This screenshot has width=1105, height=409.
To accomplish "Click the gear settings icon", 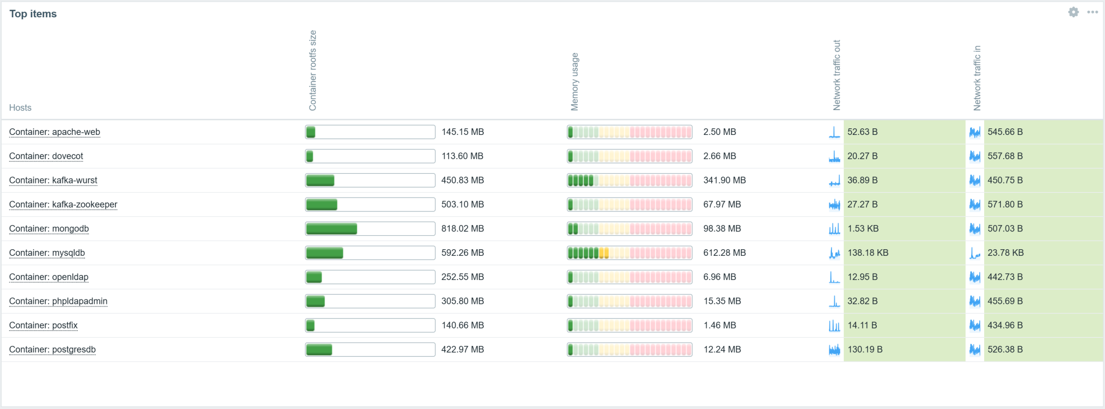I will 1073,12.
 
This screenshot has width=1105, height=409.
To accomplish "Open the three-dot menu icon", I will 1093,12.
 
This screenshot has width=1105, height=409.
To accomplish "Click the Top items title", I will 33,14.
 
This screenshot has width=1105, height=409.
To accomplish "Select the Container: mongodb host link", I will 49,229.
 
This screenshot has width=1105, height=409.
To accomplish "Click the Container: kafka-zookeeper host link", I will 63,204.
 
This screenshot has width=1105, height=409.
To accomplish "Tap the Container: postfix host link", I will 43,325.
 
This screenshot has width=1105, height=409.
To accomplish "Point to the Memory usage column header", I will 575,81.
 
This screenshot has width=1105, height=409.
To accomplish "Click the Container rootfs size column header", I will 312,71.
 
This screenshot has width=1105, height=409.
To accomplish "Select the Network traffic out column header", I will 837,75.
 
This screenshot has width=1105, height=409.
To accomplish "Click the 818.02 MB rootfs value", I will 462,229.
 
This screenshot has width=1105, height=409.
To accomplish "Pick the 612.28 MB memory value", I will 724,253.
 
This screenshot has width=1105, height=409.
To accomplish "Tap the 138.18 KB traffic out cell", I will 868,253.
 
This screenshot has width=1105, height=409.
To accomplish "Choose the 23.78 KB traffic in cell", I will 1005,253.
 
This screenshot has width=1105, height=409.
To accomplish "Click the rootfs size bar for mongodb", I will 370,229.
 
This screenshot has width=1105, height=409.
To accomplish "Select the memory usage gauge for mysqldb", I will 630,253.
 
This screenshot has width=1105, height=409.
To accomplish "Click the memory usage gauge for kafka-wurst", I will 630,180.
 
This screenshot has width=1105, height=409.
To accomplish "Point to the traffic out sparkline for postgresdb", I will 834,350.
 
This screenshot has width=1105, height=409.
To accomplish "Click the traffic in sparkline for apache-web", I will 974,132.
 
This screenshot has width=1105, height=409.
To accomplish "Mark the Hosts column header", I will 21,108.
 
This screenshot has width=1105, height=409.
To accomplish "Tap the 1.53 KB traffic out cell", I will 863,229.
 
